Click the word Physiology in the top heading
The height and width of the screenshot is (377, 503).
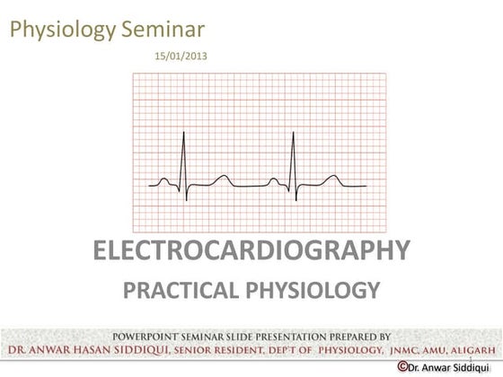[x=63, y=31]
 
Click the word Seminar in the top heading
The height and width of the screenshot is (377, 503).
[x=163, y=29]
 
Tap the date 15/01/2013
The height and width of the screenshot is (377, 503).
[x=181, y=56]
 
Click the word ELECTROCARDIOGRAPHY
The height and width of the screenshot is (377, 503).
[x=251, y=250]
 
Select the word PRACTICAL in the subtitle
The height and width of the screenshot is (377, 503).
[x=181, y=290]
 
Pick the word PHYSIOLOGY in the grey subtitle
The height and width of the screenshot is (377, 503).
[x=313, y=290]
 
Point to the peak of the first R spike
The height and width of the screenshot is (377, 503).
[x=184, y=132]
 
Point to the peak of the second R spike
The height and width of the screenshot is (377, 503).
[x=293, y=132]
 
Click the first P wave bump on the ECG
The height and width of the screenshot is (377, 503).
[x=163, y=179]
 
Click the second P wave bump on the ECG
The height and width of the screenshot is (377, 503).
[x=274, y=179]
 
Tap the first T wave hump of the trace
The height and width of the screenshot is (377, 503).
[x=223, y=176]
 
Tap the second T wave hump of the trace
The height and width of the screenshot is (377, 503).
[x=333, y=176]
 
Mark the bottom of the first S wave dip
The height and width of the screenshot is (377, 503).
[x=187, y=201]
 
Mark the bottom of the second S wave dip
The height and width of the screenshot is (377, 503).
[x=296, y=201]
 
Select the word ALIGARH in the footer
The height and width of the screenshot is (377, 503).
[x=473, y=350]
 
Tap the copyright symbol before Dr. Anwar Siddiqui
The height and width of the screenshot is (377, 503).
[x=402, y=366]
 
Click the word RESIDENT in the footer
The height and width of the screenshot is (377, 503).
[x=240, y=350]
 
